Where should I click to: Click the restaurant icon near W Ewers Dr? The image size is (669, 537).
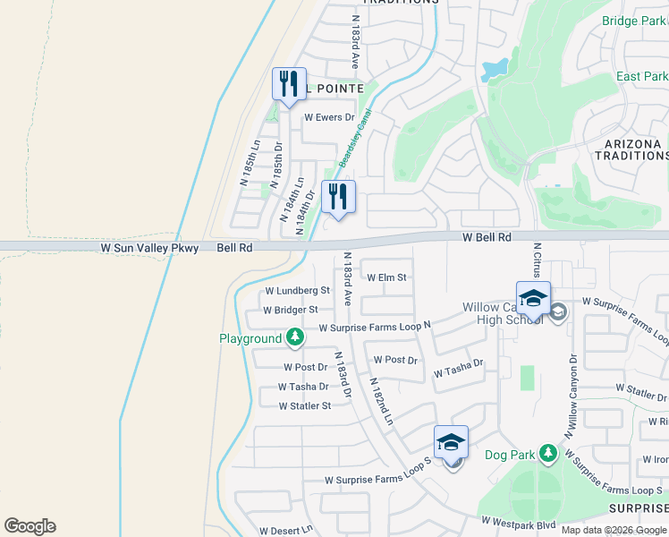(289, 85)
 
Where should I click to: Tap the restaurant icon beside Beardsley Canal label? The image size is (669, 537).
(338, 197)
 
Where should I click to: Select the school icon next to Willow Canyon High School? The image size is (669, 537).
(533, 299)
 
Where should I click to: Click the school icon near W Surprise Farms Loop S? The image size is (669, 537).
(452, 442)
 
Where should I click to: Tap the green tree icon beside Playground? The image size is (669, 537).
(295, 338)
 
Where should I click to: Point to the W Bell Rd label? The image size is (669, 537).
(486, 237)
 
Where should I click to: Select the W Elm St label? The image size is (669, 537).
(386, 278)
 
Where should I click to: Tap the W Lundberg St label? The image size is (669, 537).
(297, 291)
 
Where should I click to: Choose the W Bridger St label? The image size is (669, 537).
(291, 310)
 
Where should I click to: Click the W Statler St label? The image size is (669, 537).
(305, 405)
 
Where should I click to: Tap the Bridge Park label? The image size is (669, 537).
(633, 21)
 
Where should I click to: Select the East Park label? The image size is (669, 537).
(641, 76)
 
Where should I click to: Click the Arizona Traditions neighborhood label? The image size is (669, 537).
(631, 149)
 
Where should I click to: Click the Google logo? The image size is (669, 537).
(30, 526)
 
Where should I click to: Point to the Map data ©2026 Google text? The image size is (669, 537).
(613, 530)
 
